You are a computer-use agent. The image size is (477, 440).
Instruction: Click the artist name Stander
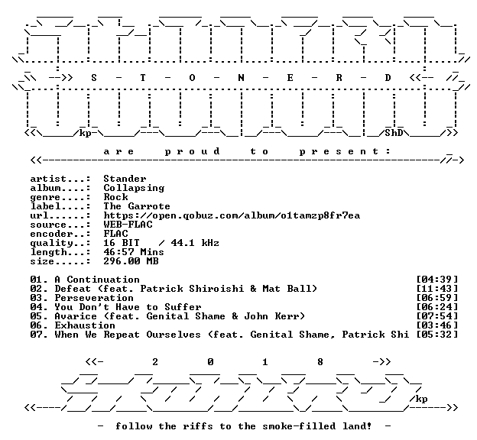point(125,179)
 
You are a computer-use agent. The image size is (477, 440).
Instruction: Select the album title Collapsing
point(134,188)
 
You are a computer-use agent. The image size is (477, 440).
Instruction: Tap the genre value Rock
point(115,197)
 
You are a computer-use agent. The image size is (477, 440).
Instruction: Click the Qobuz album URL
point(232,215)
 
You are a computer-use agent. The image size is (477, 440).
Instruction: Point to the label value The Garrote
point(137,206)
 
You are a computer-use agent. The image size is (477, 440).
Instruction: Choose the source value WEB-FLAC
point(128,225)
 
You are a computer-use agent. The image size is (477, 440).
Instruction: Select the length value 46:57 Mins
point(134,252)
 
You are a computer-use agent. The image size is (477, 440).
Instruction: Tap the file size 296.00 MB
point(131,261)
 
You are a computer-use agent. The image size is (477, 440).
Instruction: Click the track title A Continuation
point(97,280)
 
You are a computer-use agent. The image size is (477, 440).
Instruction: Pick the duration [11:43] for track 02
point(436,289)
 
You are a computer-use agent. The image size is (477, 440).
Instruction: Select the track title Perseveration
point(94,298)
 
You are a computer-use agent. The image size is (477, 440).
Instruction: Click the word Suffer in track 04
point(183,307)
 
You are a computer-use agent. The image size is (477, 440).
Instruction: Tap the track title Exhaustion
point(85,325)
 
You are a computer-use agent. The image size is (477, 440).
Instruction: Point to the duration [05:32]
point(436,335)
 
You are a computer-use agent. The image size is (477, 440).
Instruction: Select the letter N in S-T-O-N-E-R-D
point(241,78)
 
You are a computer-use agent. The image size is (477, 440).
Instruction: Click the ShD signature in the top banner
point(394,133)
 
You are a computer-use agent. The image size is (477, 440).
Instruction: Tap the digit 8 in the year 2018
point(320,362)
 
